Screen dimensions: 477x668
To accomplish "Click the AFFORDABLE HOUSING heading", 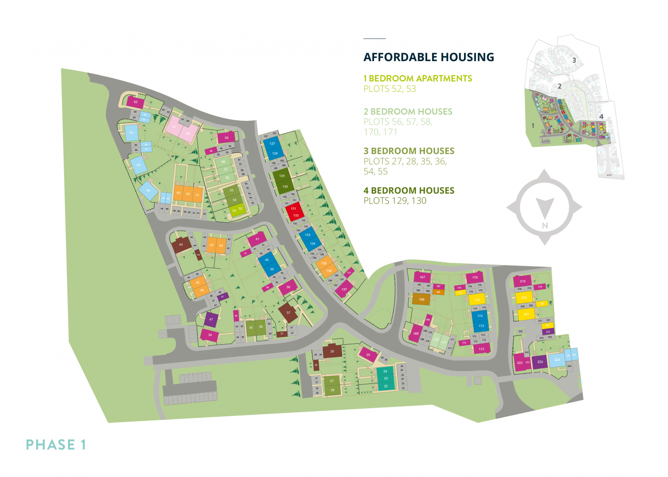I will (428, 57).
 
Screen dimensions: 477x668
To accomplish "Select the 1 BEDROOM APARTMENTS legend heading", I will (417, 78).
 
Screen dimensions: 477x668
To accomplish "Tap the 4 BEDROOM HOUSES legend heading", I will (408, 191).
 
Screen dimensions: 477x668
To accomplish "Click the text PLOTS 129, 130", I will (395, 201).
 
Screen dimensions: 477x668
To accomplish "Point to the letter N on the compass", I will (545, 226).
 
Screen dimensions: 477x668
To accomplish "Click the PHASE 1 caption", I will (56, 444).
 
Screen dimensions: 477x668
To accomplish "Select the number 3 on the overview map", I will (574, 60).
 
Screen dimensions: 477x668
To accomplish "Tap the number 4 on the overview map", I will (601, 117).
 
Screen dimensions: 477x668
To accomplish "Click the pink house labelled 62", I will (135, 102).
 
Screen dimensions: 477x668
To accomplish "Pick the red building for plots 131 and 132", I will (295, 212).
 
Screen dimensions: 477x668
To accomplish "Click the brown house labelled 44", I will (181, 245).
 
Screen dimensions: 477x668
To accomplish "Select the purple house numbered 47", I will (211, 319).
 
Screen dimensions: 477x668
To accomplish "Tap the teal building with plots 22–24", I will (385, 379).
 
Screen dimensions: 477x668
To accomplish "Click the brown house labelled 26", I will (332, 351).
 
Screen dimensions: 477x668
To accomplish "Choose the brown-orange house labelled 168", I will (421, 299).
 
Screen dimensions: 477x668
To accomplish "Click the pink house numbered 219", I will (522, 281).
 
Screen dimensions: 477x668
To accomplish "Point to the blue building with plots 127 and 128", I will (273, 148).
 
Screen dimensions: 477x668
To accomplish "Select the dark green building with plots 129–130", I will (283, 181).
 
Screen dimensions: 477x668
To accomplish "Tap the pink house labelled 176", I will (475, 277).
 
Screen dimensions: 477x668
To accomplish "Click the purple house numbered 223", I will (540, 362).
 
